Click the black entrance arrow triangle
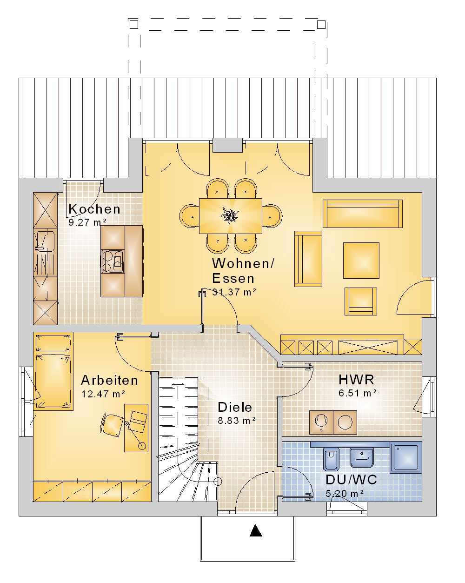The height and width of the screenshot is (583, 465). [255, 530]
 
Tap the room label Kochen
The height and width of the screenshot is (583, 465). [94, 209]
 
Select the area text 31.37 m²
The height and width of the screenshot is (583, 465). [234, 292]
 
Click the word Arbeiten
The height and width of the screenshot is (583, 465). [109, 380]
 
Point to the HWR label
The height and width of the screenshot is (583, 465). [356, 380]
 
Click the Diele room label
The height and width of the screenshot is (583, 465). [235, 407]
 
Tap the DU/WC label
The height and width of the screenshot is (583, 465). [351, 480]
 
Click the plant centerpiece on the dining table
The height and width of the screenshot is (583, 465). [230, 215]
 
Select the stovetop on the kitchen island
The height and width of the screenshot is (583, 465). [113, 261]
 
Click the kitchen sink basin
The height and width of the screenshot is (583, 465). [46, 241]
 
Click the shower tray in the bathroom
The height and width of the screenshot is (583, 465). [405, 457]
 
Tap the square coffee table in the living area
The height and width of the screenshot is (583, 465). [361, 261]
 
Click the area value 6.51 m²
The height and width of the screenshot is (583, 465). [358, 393]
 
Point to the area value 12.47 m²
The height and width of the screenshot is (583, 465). [103, 394]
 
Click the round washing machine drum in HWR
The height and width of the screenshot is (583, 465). [345, 422]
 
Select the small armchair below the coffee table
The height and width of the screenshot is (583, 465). [360, 301]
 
